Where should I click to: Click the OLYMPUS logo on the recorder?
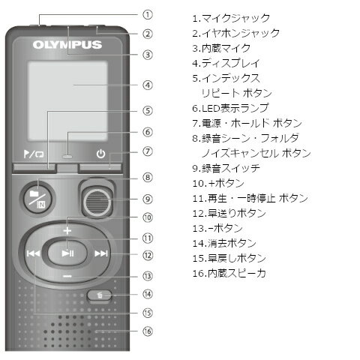pyautogui.click(x=67, y=45)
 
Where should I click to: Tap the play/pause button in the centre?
pyautogui.click(x=67, y=253)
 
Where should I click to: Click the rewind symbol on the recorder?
pyautogui.click(x=33, y=253)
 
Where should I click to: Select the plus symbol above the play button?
pyautogui.click(x=67, y=230)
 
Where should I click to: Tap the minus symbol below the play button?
pyautogui.click(x=67, y=276)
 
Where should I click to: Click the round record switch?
pyautogui.click(x=97, y=202)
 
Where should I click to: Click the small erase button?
pyautogui.click(x=99, y=295)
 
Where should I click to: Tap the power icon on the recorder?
pyautogui.click(x=100, y=154)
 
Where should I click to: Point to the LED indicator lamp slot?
pyautogui.click(x=67, y=157)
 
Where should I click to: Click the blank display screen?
pyautogui.click(x=67, y=101)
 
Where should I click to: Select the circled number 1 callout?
pyautogui.click(x=148, y=15)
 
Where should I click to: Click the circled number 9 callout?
pyautogui.click(x=148, y=199)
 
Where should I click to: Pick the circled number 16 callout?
pyautogui.click(x=148, y=331)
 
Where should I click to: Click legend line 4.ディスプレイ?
pyautogui.click(x=226, y=63)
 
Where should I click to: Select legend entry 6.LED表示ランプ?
pyautogui.click(x=230, y=108)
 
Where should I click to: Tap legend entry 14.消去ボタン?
pyautogui.click(x=224, y=243)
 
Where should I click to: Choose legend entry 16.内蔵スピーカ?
pyautogui.click(x=229, y=273)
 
